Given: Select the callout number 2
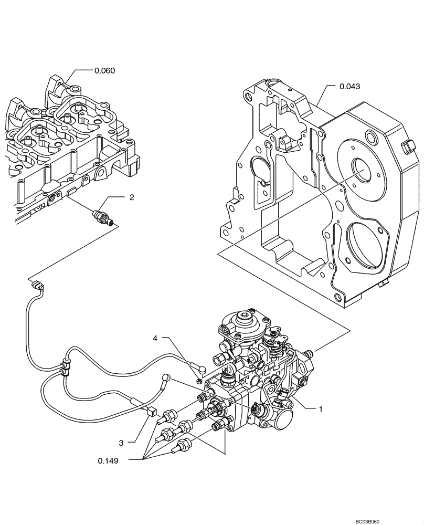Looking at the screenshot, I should pos(132,197).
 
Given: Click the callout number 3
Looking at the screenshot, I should pos(121,443).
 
